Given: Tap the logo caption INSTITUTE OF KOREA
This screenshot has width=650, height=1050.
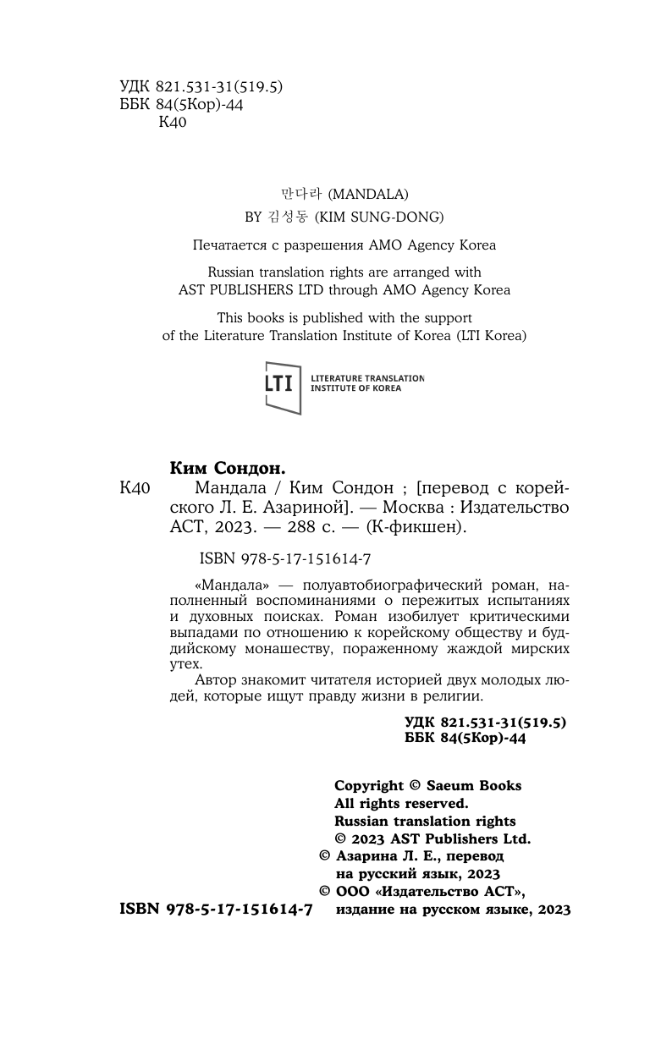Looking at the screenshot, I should tap(356, 388).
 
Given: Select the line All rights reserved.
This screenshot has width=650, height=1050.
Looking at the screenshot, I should tap(401, 803).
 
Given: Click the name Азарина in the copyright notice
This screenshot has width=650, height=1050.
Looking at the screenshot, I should tap(372, 856).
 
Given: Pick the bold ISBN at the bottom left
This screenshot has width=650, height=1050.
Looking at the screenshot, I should tap(217, 909).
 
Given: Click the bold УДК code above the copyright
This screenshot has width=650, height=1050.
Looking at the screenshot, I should tap(486, 721).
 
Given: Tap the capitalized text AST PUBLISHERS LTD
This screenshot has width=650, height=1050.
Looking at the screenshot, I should tap(260, 290).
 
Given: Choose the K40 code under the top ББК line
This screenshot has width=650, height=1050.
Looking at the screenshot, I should tap(173, 122).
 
